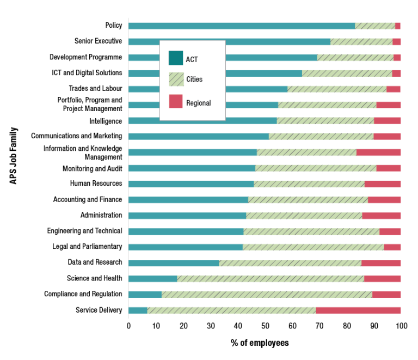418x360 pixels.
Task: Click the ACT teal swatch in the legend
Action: [x=176, y=58]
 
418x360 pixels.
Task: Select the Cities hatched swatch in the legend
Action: [x=176, y=80]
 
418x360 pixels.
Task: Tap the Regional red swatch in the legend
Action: [x=176, y=101]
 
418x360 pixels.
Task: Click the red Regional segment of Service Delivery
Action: [x=358, y=310]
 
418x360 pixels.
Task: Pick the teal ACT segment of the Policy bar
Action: [x=241, y=26]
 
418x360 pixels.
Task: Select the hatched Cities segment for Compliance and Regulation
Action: [x=267, y=295]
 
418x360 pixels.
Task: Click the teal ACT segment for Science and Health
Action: [x=152, y=279]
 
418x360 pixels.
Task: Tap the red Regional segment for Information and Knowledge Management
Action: [x=378, y=152]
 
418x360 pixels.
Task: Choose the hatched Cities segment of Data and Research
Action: [x=290, y=263]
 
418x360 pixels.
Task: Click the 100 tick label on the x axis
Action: [x=401, y=326]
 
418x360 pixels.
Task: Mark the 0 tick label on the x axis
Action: [x=128, y=326]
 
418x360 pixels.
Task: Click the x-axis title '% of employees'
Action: [x=260, y=343]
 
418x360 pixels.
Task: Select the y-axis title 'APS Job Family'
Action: [x=14, y=156]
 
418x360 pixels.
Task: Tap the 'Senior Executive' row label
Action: [x=98, y=41]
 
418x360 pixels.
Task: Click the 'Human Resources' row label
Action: [x=96, y=184]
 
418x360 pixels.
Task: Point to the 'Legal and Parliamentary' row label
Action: [x=87, y=247]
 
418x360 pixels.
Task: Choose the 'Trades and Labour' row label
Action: [x=95, y=88]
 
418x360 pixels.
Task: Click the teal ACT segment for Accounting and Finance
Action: [x=188, y=200]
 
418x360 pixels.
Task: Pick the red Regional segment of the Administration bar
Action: [x=381, y=216]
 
